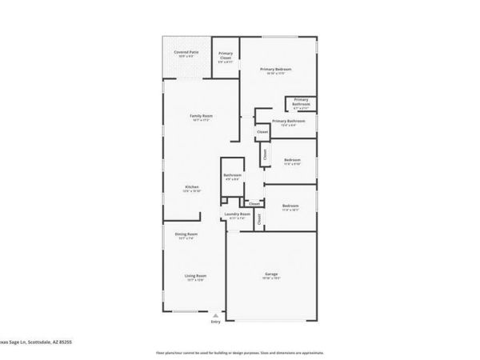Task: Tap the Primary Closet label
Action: (x=226, y=55)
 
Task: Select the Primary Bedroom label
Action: (x=275, y=70)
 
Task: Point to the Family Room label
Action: (x=200, y=117)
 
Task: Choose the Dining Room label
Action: (x=186, y=234)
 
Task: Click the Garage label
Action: (x=271, y=275)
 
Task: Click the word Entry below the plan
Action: (x=215, y=322)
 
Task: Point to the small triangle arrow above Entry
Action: (x=215, y=314)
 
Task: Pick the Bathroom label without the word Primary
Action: (x=232, y=175)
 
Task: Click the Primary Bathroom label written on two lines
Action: (x=301, y=102)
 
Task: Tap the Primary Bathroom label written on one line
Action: (x=289, y=121)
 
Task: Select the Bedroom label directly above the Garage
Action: (x=290, y=206)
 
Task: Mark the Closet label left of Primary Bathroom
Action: (x=262, y=132)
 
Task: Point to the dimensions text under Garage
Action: (x=271, y=279)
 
